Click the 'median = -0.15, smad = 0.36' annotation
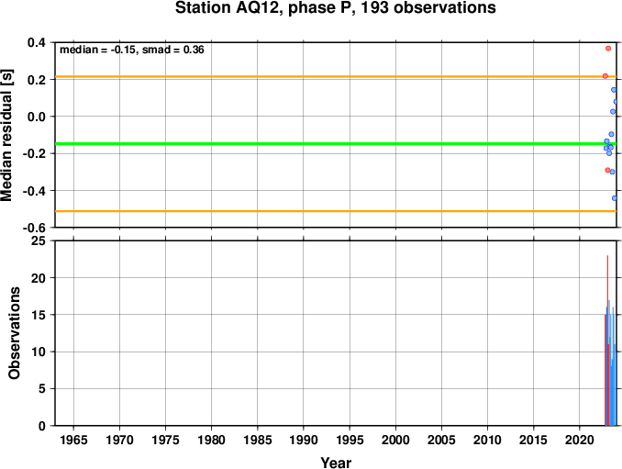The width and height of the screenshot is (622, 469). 132,50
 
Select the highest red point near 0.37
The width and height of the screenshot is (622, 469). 608,49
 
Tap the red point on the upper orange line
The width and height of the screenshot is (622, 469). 605,76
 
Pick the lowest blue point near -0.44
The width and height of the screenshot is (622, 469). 615,198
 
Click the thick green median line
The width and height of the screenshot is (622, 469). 336,143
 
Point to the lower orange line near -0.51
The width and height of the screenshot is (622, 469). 336,211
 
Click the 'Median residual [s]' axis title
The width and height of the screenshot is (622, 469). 7,135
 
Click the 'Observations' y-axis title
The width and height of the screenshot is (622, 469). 15,333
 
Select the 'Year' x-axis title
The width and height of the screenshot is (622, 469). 336,463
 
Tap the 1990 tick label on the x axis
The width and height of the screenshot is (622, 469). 304,440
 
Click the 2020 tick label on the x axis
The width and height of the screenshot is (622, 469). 580,440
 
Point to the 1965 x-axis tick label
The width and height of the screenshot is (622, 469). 73,440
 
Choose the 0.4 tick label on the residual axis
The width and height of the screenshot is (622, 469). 37,42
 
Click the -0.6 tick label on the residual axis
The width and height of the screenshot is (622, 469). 34,229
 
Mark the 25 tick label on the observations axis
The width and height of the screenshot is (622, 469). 39,240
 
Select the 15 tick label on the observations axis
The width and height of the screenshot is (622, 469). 39,315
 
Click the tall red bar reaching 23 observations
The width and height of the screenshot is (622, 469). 607,341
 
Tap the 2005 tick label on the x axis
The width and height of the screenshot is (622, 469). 441,440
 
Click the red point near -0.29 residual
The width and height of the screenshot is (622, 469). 607,170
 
